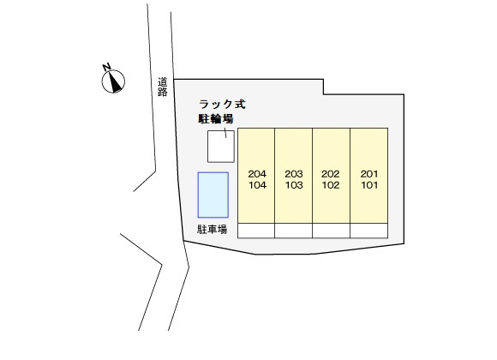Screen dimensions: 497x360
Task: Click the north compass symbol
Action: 113,81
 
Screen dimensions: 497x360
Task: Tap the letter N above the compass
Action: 106,67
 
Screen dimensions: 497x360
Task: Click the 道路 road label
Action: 163,87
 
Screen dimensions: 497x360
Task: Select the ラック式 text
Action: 222,104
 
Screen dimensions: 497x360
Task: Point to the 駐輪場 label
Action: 216,118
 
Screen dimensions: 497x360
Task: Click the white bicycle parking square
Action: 221,147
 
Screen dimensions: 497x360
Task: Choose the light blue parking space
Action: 213,195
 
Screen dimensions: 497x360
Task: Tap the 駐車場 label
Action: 212,229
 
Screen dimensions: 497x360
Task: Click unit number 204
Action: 257,174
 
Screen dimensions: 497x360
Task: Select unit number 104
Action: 257,185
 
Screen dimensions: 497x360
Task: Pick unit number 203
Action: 294,174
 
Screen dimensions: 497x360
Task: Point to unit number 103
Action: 294,185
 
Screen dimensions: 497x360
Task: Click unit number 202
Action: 331,174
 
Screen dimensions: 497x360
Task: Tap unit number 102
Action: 331,185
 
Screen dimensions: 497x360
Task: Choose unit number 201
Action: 369,174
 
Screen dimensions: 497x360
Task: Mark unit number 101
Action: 369,185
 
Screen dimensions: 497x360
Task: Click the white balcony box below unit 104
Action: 256,231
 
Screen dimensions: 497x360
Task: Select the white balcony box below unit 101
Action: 369,231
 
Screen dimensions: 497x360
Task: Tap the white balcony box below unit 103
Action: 294,231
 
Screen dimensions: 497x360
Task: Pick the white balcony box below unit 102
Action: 332,231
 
